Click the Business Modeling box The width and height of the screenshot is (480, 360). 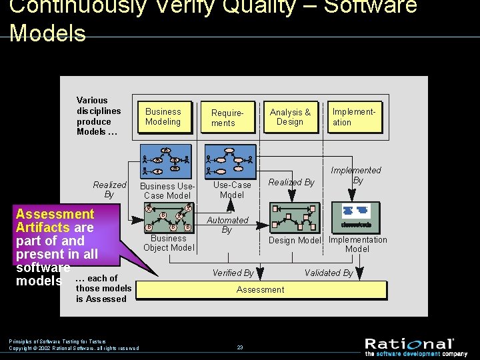163,117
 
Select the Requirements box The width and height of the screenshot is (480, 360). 228,118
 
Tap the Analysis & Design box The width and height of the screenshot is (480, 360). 290,117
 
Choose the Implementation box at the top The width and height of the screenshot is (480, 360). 354,117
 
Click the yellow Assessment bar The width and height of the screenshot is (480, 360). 261,290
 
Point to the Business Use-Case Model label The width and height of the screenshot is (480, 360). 167,191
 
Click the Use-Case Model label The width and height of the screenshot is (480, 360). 232,190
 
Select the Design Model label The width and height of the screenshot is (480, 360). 295,241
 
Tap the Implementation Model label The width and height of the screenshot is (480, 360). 358,244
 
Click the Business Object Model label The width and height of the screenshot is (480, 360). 169,243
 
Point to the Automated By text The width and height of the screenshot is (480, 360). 227,225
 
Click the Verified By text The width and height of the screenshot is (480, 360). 233,273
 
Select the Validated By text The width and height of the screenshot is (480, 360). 329,273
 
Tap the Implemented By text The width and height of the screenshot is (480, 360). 357,175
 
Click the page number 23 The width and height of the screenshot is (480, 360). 240,347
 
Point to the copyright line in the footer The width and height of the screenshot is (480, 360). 74,348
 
